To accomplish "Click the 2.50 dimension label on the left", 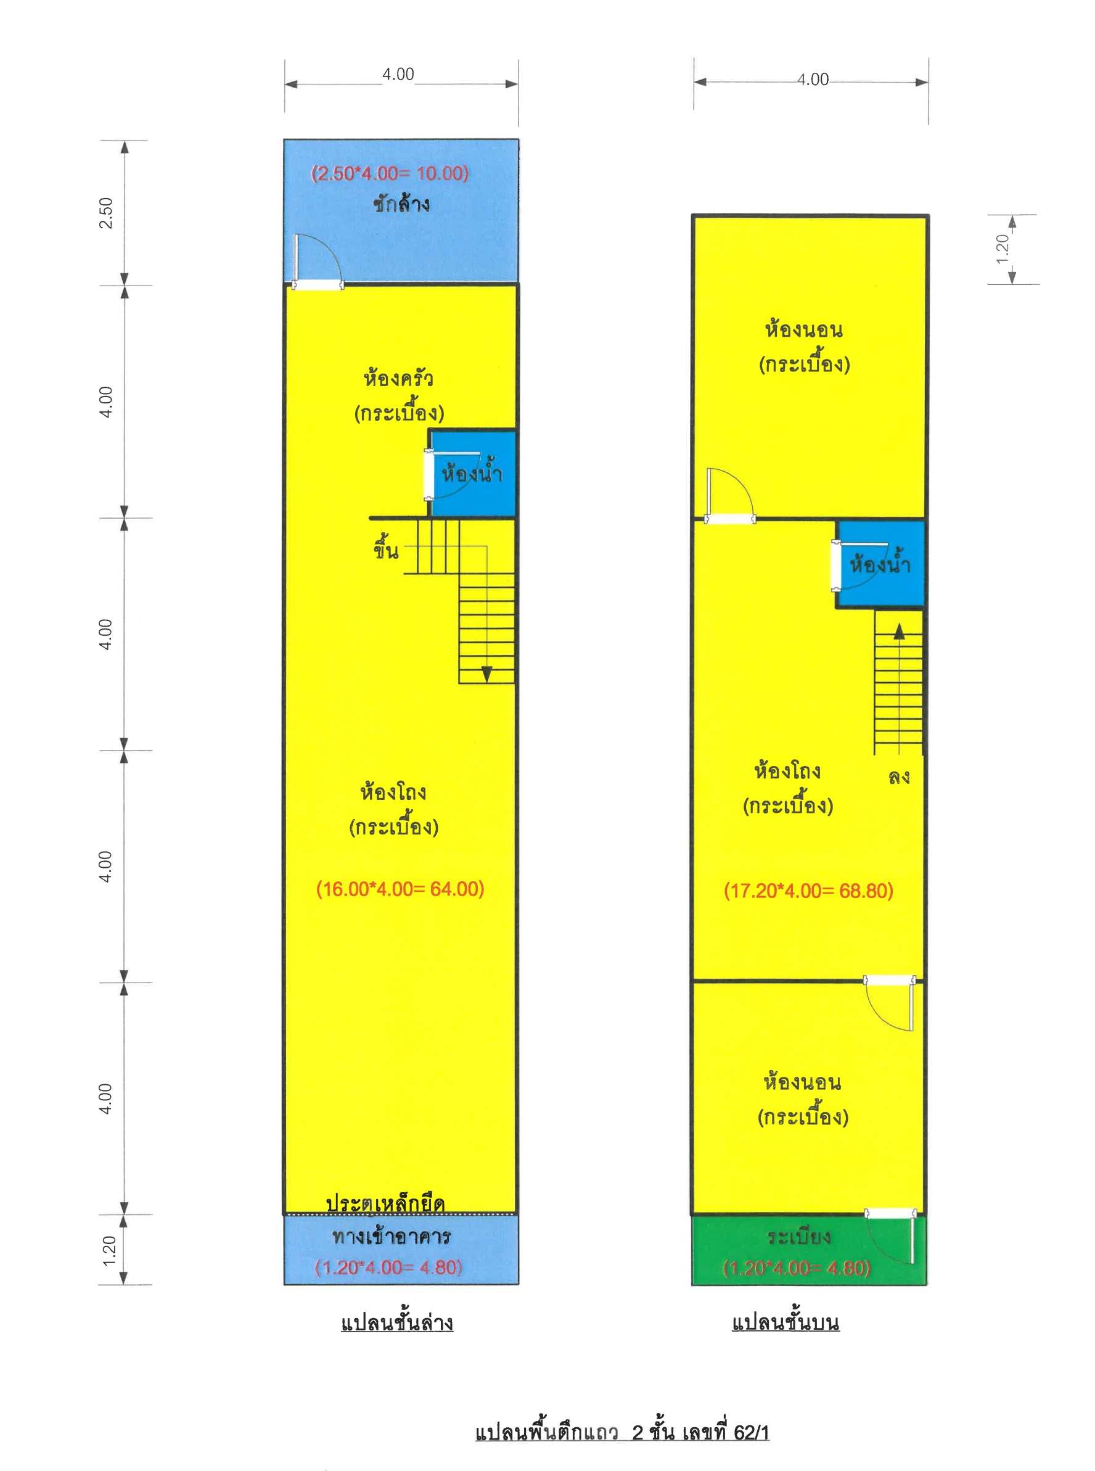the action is [x=106, y=213].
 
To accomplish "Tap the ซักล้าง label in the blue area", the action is [x=401, y=203].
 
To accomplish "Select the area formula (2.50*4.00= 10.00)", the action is [x=390, y=173].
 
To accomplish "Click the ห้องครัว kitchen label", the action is [x=398, y=378].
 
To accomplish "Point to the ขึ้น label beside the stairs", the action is [x=386, y=548].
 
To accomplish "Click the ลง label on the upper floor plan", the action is [x=899, y=777].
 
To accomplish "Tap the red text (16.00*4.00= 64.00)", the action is [x=400, y=889].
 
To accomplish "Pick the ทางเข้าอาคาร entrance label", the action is [x=391, y=1237].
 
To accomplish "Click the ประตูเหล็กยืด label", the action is [x=385, y=1203].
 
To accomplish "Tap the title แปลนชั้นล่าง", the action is [x=397, y=1322].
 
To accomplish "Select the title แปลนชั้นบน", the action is [x=785, y=1322].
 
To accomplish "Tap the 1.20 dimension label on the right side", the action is [x=1002, y=249].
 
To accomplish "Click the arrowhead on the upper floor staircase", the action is [x=899, y=631].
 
